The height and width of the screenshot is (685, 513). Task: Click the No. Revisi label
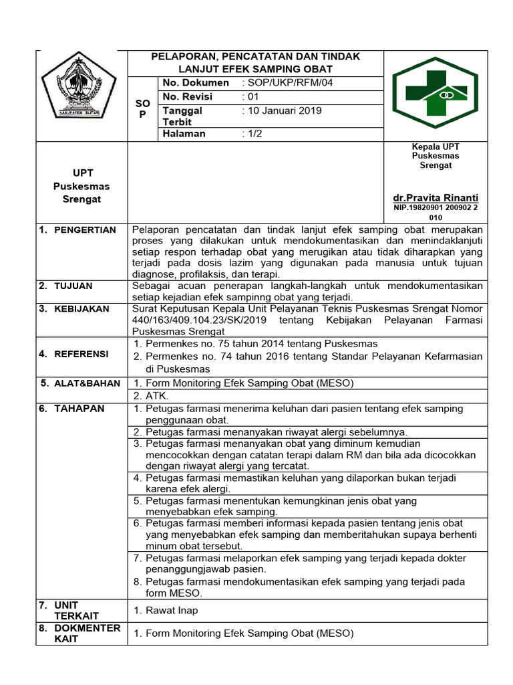[x=188, y=97]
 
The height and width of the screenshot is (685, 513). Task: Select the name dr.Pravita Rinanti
[x=436, y=199]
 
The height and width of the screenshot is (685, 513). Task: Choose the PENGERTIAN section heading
[x=85, y=230]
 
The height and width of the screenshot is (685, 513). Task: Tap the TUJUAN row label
[x=74, y=286]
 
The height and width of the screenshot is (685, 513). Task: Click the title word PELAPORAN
[x=182, y=57]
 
